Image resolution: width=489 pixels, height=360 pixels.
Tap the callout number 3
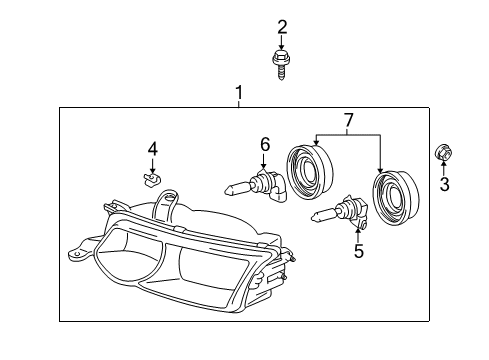(x=444, y=184)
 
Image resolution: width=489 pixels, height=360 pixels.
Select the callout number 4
(x=153, y=149)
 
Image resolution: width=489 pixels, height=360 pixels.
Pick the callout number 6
(x=265, y=145)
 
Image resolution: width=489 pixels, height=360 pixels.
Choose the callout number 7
(x=347, y=121)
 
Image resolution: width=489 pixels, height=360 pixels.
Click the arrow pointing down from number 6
(x=265, y=163)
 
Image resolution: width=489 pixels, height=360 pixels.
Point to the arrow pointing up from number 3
(x=443, y=169)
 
